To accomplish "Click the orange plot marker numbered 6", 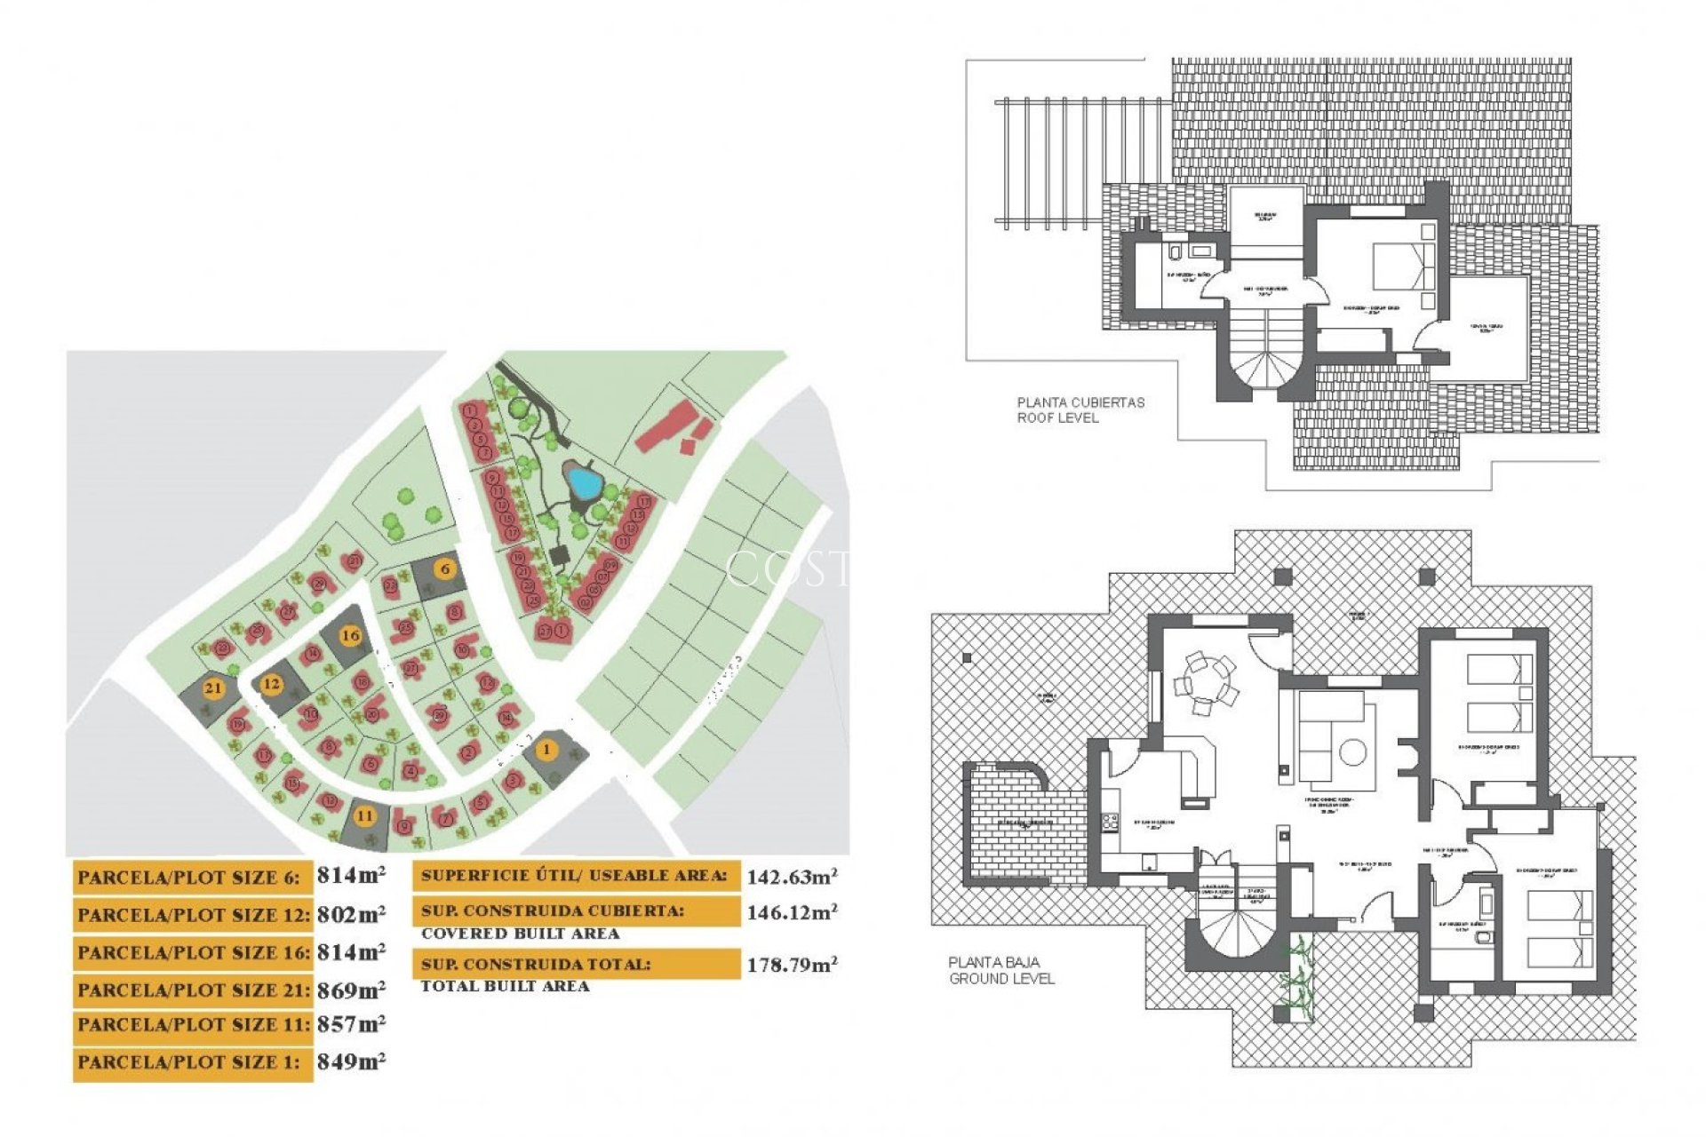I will tap(445, 568).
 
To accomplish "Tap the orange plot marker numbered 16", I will tap(351, 635).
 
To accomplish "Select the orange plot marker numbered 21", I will tap(213, 688).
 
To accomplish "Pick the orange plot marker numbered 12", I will tap(271, 684).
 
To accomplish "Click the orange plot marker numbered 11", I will tap(364, 815).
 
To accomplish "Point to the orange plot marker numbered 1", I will tap(547, 750).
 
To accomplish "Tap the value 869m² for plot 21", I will tap(351, 990).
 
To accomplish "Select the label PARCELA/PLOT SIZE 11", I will tap(192, 1026).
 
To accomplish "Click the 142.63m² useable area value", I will tap(792, 878).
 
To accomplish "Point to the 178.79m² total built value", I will tap(792, 965).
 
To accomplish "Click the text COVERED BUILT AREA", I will tap(520, 934).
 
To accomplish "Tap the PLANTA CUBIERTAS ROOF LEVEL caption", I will tap(1080, 409).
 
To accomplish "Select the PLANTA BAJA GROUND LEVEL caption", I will tap(1001, 970).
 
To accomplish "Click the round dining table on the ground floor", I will tap(1206, 682).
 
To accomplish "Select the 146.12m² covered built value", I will tap(792, 912).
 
